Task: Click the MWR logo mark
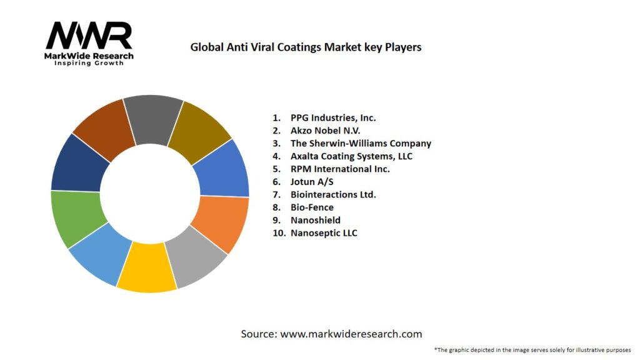pyautogui.click(x=89, y=36)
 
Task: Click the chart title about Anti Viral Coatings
pyautogui.click(x=306, y=47)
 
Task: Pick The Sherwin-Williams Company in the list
pyautogui.click(x=361, y=143)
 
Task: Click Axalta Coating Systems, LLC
pyautogui.click(x=351, y=156)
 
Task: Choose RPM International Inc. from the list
pyautogui.click(x=340, y=169)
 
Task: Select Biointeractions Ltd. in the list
pyautogui.click(x=333, y=194)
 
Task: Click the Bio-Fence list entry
pyautogui.click(x=312, y=207)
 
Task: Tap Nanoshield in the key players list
pyautogui.click(x=315, y=220)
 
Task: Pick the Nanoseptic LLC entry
pyautogui.click(x=324, y=233)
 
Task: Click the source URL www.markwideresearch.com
pyautogui.click(x=351, y=334)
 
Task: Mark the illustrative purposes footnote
pyautogui.click(x=532, y=350)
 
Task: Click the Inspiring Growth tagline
pyautogui.click(x=89, y=64)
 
